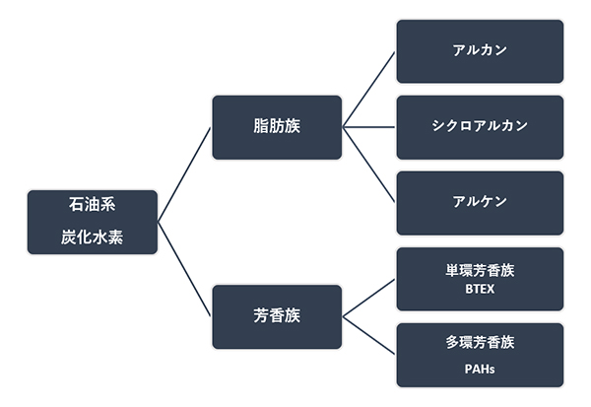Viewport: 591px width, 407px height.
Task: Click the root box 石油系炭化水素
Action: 93,222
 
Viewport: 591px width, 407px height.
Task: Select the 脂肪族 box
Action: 277,127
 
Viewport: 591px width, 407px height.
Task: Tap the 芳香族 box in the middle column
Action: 277,317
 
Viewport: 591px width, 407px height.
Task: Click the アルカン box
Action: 480,51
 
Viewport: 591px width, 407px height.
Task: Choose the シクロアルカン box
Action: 480,127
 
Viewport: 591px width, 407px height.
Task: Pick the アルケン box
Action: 480,203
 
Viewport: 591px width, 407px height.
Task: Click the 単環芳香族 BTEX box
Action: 480,279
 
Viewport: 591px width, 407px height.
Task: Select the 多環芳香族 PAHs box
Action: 480,355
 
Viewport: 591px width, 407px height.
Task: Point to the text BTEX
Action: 480,289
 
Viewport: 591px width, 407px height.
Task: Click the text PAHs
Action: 480,369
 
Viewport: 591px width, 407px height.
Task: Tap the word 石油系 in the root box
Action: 93,204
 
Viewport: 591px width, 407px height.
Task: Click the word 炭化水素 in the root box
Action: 93,237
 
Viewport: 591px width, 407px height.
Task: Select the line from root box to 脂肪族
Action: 184,174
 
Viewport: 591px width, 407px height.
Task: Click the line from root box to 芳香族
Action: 184,269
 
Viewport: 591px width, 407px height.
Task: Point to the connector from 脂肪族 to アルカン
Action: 369,90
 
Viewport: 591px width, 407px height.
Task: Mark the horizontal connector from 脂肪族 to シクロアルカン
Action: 369,127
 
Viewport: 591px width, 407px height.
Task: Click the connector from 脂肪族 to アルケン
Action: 369,166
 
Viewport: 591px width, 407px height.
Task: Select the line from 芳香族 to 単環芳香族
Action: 369,298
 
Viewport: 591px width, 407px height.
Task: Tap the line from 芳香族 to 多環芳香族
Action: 369,336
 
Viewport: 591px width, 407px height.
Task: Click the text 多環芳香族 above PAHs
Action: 480,343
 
